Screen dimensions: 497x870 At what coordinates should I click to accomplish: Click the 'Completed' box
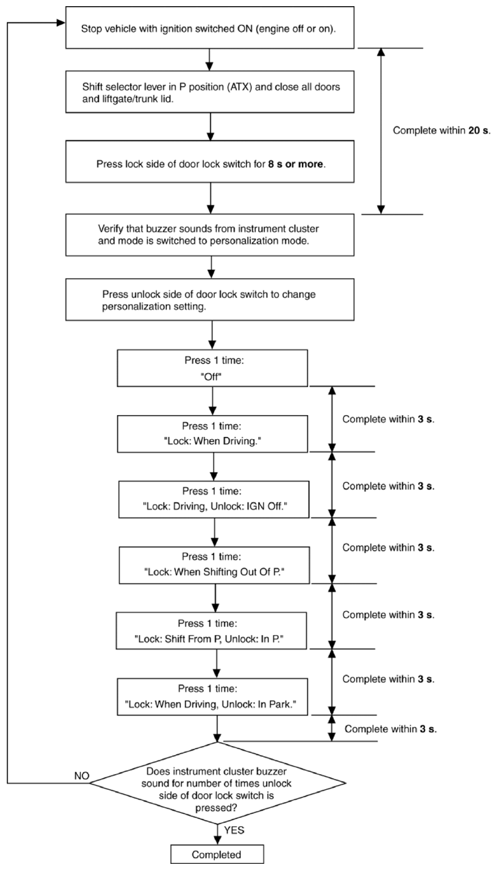click(217, 854)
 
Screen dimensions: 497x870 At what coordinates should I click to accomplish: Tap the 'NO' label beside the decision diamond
click(82, 775)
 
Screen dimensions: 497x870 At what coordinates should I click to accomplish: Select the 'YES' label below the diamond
click(234, 830)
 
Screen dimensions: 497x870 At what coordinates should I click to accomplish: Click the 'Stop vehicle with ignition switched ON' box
click(210, 27)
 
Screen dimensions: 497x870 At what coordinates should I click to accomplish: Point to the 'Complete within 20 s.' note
click(442, 130)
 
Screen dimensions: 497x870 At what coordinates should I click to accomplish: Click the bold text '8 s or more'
click(296, 164)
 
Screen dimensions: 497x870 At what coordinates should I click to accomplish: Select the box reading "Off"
click(213, 368)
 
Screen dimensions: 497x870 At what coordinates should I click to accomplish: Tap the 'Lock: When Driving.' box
click(213, 434)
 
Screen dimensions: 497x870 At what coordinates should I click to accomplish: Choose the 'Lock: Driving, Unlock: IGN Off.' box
click(214, 499)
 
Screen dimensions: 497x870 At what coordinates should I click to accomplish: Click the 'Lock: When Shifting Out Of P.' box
click(214, 565)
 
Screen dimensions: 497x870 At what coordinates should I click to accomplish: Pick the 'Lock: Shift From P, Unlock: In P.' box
click(212, 631)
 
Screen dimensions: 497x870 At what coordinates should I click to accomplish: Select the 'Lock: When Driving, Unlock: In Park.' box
click(213, 697)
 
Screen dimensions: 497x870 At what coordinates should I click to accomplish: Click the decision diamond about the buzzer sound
click(218, 783)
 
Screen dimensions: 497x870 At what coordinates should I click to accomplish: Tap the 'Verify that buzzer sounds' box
click(210, 234)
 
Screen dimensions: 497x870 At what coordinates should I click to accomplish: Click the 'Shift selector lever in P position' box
click(210, 92)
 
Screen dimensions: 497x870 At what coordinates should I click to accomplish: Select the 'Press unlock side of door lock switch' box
click(210, 299)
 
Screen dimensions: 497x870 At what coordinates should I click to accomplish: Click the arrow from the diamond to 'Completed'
click(218, 834)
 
